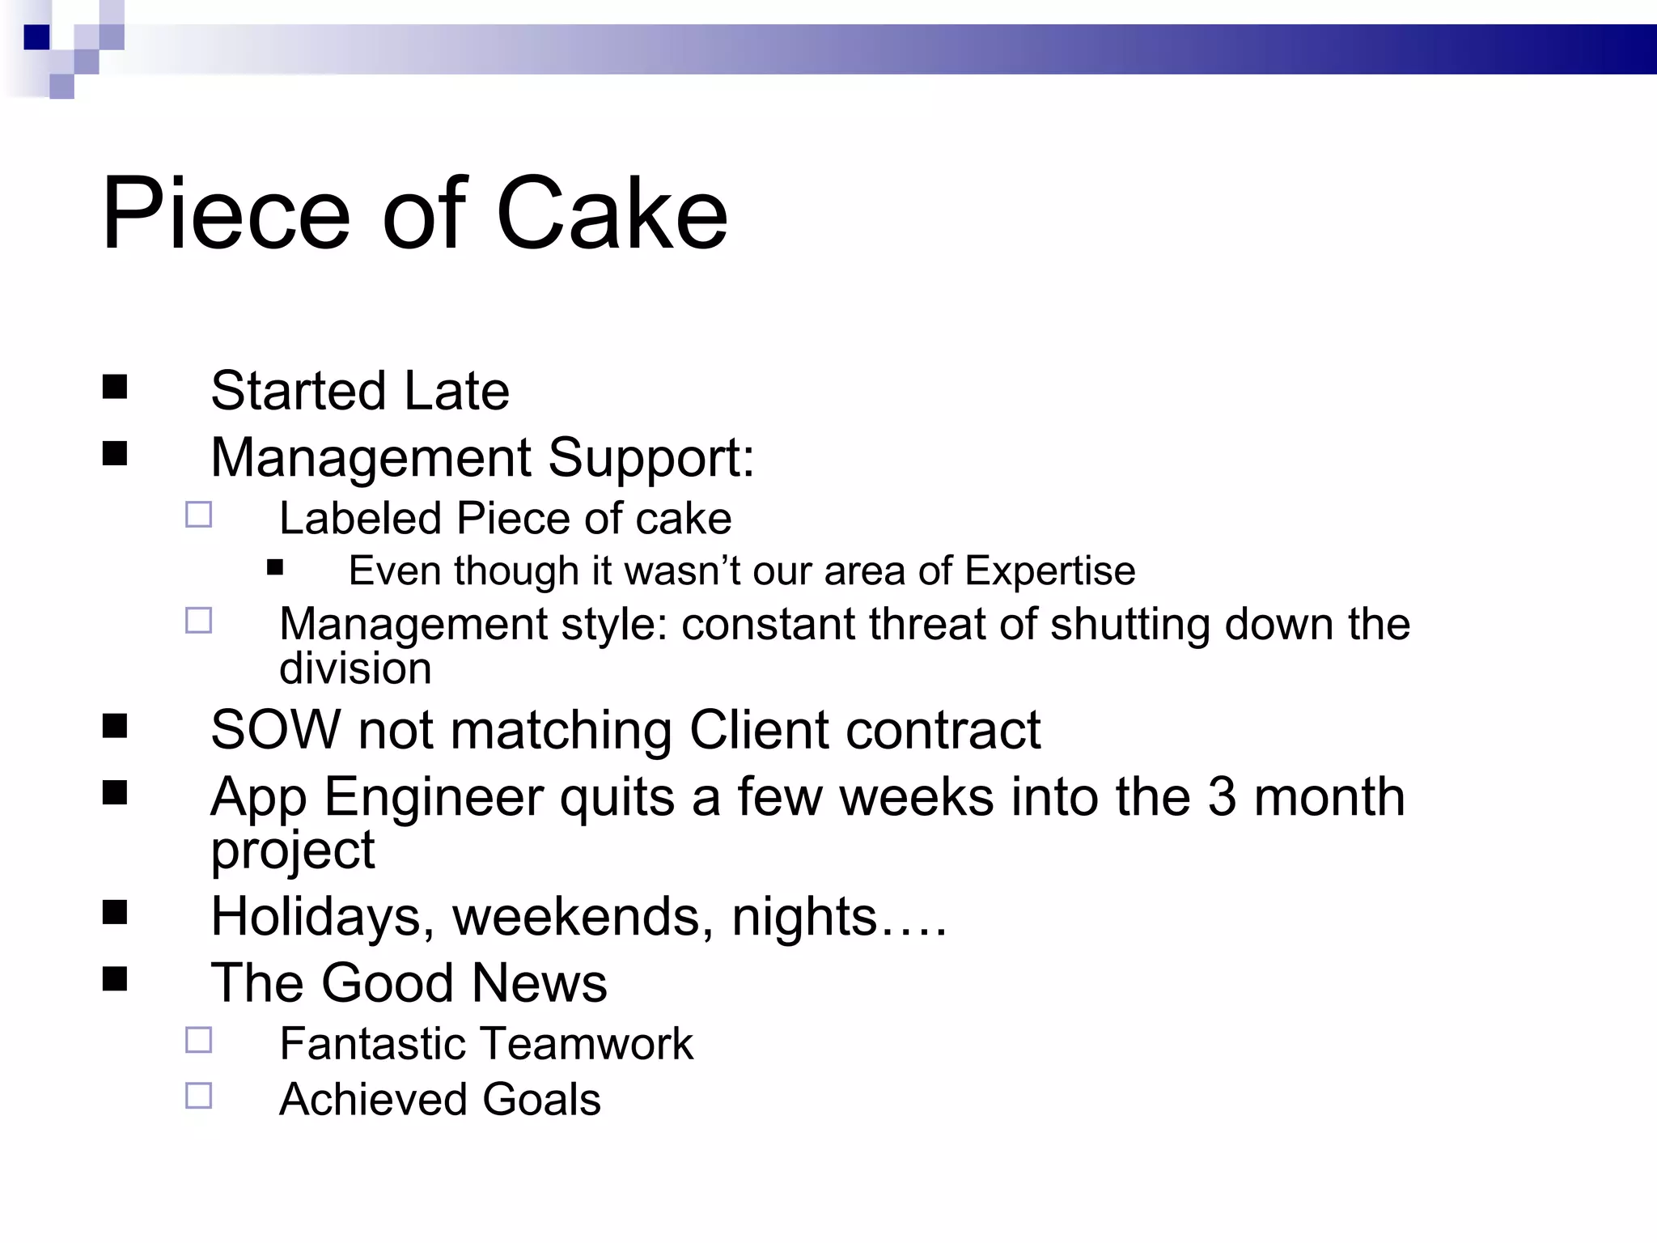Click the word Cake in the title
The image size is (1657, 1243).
coord(612,214)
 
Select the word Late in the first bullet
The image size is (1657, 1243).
coord(456,391)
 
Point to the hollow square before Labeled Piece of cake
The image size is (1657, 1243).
coord(198,515)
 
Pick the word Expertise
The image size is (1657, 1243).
coord(1049,571)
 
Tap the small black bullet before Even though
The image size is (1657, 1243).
coord(275,567)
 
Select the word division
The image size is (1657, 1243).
coord(355,668)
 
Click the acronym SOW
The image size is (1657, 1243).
coord(276,730)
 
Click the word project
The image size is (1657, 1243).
coord(292,851)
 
